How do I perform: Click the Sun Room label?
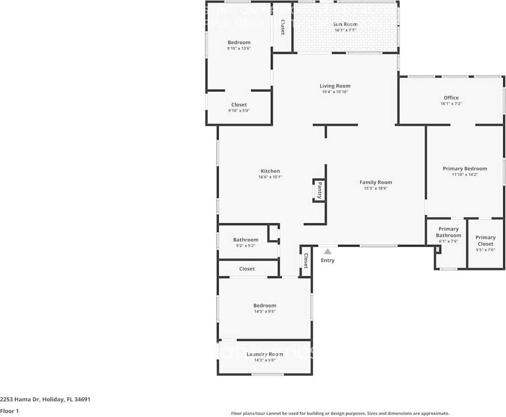coord(345,24)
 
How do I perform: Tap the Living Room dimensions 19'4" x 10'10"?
coord(335,92)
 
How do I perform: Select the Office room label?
coord(451,98)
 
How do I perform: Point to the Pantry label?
coord(320,190)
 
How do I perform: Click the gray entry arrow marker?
coord(327,252)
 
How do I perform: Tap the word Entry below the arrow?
coord(328,260)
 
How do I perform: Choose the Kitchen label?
coord(270,171)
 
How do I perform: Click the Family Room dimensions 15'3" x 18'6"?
coord(376,188)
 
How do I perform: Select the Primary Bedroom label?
coord(465,168)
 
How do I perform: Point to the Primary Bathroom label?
coord(448,232)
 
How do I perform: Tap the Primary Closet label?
coord(485,241)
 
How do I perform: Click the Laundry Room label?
coord(265,354)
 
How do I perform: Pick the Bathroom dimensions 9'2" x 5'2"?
coord(245,245)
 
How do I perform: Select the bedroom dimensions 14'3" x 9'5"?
coord(265,311)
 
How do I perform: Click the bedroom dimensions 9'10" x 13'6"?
coord(239,48)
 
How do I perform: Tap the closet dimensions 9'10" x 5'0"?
coord(239,111)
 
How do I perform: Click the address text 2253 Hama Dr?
coord(20,400)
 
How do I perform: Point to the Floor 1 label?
coord(9,411)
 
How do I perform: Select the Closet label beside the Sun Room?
coord(283,27)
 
